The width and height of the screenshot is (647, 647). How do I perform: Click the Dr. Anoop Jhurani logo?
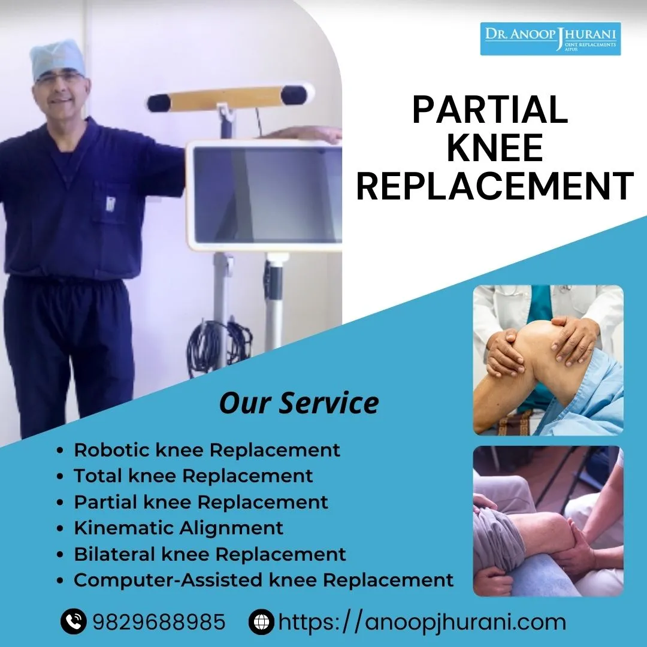(x=551, y=38)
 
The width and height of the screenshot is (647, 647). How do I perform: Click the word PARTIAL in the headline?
(x=490, y=110)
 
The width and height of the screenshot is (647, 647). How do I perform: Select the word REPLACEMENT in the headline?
(x=495, y=186)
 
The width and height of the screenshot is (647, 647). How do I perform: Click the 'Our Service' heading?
(x=299, y=403)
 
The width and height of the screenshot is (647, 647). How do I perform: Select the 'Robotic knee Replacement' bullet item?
(x=207, y=450)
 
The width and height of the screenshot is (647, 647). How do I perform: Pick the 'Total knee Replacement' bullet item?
(x=193, y=476)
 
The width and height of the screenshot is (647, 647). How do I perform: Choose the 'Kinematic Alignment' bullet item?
(x=179, y=528)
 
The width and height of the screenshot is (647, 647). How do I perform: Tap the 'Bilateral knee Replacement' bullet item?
(x=210, y=554)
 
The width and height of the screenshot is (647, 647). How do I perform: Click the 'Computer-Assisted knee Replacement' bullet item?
(x=264, y=580)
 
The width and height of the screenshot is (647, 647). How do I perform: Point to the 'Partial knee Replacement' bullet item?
(x=201, y=502)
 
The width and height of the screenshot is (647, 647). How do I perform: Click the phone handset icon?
(x=74, y=621)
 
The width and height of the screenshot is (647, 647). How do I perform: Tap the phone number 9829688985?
(x=159, y=621)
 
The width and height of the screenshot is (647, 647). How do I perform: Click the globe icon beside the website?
(x=261, y=621)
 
